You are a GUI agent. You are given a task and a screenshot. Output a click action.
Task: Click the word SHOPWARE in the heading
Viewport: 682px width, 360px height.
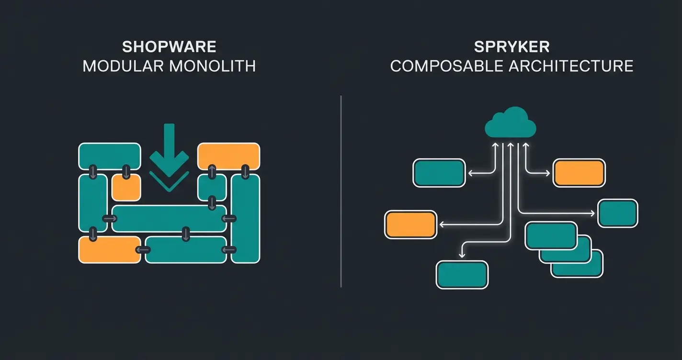click(169, 47)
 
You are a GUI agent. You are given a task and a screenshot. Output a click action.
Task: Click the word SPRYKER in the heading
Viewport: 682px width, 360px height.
click(511, 47)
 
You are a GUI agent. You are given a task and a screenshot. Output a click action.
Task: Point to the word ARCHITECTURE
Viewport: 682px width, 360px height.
click(575, 66)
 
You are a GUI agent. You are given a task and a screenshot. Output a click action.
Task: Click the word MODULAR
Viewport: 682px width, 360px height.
click(124, 66)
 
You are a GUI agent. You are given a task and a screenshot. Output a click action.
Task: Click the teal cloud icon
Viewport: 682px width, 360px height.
click(511, 123)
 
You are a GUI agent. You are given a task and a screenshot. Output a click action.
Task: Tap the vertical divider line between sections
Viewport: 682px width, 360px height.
click(341, 191)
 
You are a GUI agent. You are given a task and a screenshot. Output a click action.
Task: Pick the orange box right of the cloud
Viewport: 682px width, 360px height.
click(579, 173)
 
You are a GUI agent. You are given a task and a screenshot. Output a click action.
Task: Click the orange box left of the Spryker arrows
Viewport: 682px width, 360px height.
click(411, 225)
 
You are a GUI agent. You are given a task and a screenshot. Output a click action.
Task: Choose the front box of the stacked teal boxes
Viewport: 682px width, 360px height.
click(551, 236)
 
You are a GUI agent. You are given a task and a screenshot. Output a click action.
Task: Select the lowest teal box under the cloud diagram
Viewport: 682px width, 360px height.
click(462, 275)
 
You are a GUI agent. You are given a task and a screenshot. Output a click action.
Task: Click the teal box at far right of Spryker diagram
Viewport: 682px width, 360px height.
click(618, 214)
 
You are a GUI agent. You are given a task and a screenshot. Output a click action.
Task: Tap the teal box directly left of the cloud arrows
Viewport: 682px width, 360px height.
click(439, 173)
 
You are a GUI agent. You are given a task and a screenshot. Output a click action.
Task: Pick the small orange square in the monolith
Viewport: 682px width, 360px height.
click(126, 187)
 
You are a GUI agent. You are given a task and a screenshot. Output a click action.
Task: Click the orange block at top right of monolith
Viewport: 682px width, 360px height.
click(228, 156)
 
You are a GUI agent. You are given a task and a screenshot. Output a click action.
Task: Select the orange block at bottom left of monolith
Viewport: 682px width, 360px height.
click(109, 250)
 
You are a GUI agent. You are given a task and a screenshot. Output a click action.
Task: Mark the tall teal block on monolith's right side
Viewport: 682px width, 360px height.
click(245, 218)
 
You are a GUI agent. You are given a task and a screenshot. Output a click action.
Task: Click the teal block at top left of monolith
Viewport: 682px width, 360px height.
click(109, 156)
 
